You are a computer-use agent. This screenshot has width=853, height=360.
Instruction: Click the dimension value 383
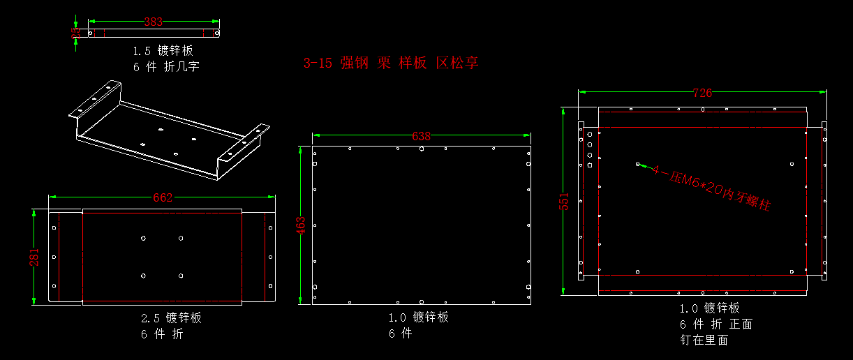pyautogui.click(x=153, y=22)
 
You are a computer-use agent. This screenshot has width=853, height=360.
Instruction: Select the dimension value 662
pyautogui.click(x=162, y=197)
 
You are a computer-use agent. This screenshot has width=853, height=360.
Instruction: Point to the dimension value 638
pyautogui.click(x=422, y=136)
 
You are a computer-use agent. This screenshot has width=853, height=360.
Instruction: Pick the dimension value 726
pyautogui.click(x=702, y=93)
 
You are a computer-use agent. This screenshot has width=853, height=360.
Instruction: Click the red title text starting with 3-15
pyautogui.click(x=391, y=63)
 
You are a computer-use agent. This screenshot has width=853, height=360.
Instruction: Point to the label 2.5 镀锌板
pyautogui.click(x=171, y=318)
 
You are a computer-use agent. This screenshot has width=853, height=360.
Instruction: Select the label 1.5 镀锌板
pyautogui.click(x=163, y=51)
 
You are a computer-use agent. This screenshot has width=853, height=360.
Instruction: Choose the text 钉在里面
pyautogui.click(x=704, y=340)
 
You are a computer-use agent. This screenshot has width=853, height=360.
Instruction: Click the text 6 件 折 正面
pyautogui.click(x=715, y=324)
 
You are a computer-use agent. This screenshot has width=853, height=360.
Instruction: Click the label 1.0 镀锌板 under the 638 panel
pyautogui.click(x=418, y=317)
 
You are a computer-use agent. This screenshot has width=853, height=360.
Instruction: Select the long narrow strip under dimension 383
pyautogui.click(x=153, y=33)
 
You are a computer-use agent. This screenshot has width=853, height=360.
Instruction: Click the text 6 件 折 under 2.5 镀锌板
pyautogui.click(x=161, y=334)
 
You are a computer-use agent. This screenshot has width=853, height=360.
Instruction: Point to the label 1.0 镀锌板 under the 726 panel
pyautogui.click(x=709, y=308)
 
